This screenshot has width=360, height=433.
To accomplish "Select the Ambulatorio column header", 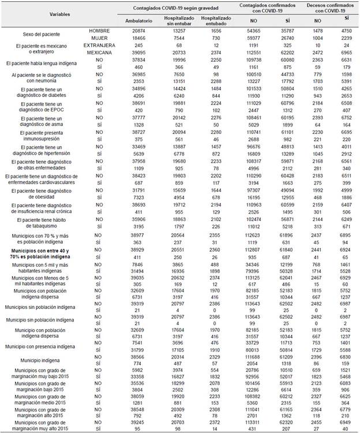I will click(x=134, y=20).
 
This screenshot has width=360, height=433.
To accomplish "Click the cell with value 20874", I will click(x=134, y=30).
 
